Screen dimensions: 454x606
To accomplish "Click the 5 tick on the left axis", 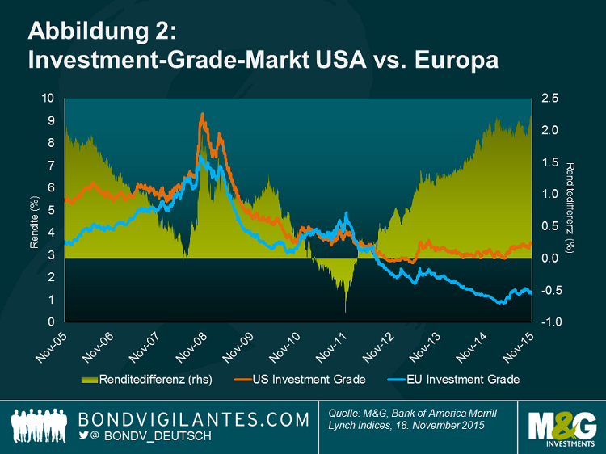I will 51,210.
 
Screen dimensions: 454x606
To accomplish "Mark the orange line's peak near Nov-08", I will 201,114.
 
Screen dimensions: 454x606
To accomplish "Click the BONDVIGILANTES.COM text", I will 194,419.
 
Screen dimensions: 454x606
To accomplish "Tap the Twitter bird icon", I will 82,436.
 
